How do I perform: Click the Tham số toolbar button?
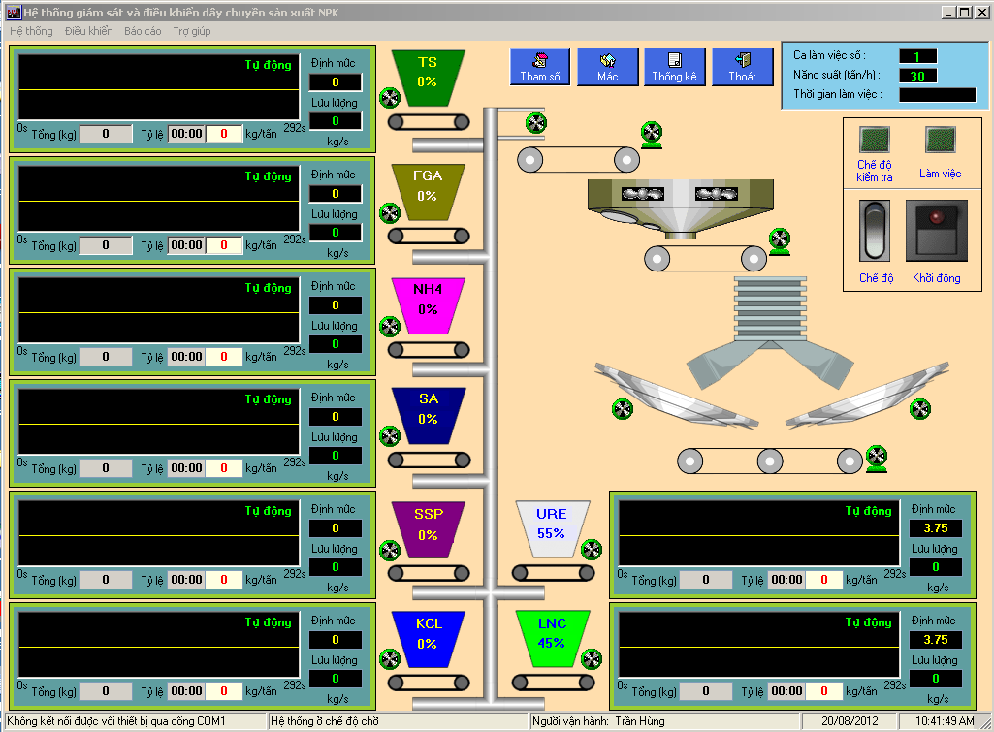540,67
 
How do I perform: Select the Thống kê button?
675,67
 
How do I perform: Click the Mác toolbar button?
607,67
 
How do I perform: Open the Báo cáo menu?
143,31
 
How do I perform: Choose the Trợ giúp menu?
192,31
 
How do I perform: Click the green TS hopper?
428,78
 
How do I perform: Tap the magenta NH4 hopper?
428,305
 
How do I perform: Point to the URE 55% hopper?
552,529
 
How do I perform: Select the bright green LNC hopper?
552,639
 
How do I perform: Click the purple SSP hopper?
428,529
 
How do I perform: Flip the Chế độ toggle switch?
875,231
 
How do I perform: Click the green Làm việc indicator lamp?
940,140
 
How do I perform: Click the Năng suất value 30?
918,76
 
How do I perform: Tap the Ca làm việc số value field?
918,56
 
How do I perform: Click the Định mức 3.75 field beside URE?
936,528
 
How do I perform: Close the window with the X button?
981,12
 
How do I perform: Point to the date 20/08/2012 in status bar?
850,721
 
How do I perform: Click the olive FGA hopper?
428,192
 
